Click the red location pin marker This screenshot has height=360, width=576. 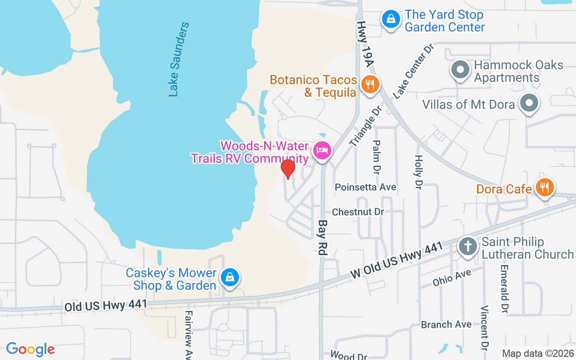coord(288,169)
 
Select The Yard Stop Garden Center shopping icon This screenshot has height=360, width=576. coord(391,19)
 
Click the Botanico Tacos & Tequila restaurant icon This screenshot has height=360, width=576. coord(370,84)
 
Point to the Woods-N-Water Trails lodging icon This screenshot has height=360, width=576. coord(322,150)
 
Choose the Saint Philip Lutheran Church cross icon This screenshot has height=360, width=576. coord(468,247)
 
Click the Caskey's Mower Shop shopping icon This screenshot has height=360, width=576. coord(229,277)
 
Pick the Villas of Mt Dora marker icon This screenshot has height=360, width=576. coord(529,103)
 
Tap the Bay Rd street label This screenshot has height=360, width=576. coord(322,238)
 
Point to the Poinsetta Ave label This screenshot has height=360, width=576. coord(365,187)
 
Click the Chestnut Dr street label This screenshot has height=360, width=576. coord(358,211)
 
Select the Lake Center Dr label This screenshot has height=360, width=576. coord(412,71)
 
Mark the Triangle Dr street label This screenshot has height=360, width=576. coord(365,126)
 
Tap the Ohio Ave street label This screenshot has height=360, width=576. coord(452,277)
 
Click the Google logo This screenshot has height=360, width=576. coord(30,349)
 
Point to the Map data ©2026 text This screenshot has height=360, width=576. coord(538,353)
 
